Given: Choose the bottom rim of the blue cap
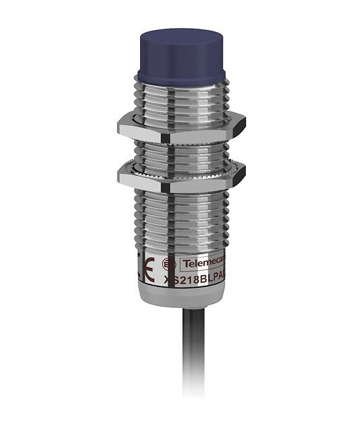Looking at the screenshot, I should (181, 75).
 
